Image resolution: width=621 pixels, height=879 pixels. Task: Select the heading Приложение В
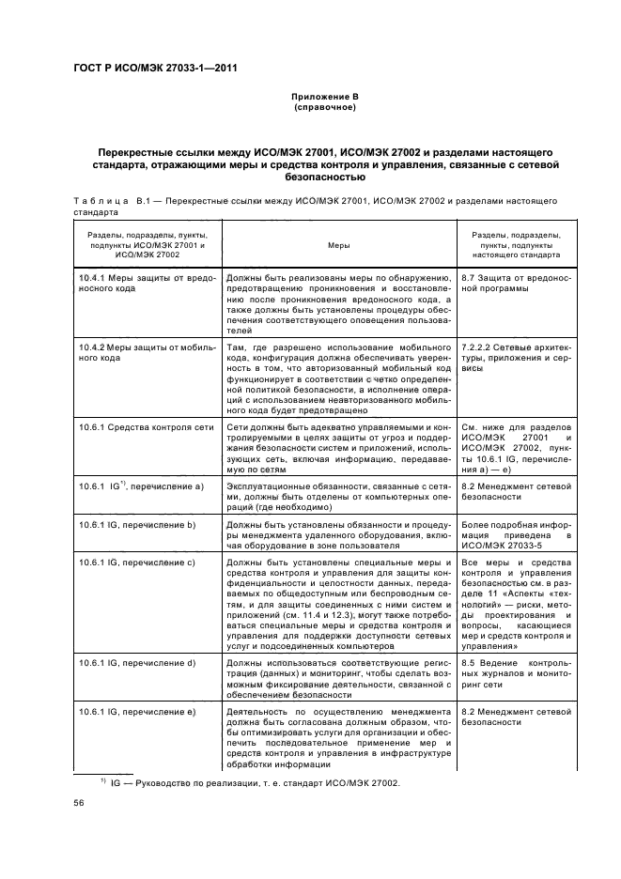pos(324,97)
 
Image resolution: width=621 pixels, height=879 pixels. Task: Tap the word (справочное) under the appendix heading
pos(324,108)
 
